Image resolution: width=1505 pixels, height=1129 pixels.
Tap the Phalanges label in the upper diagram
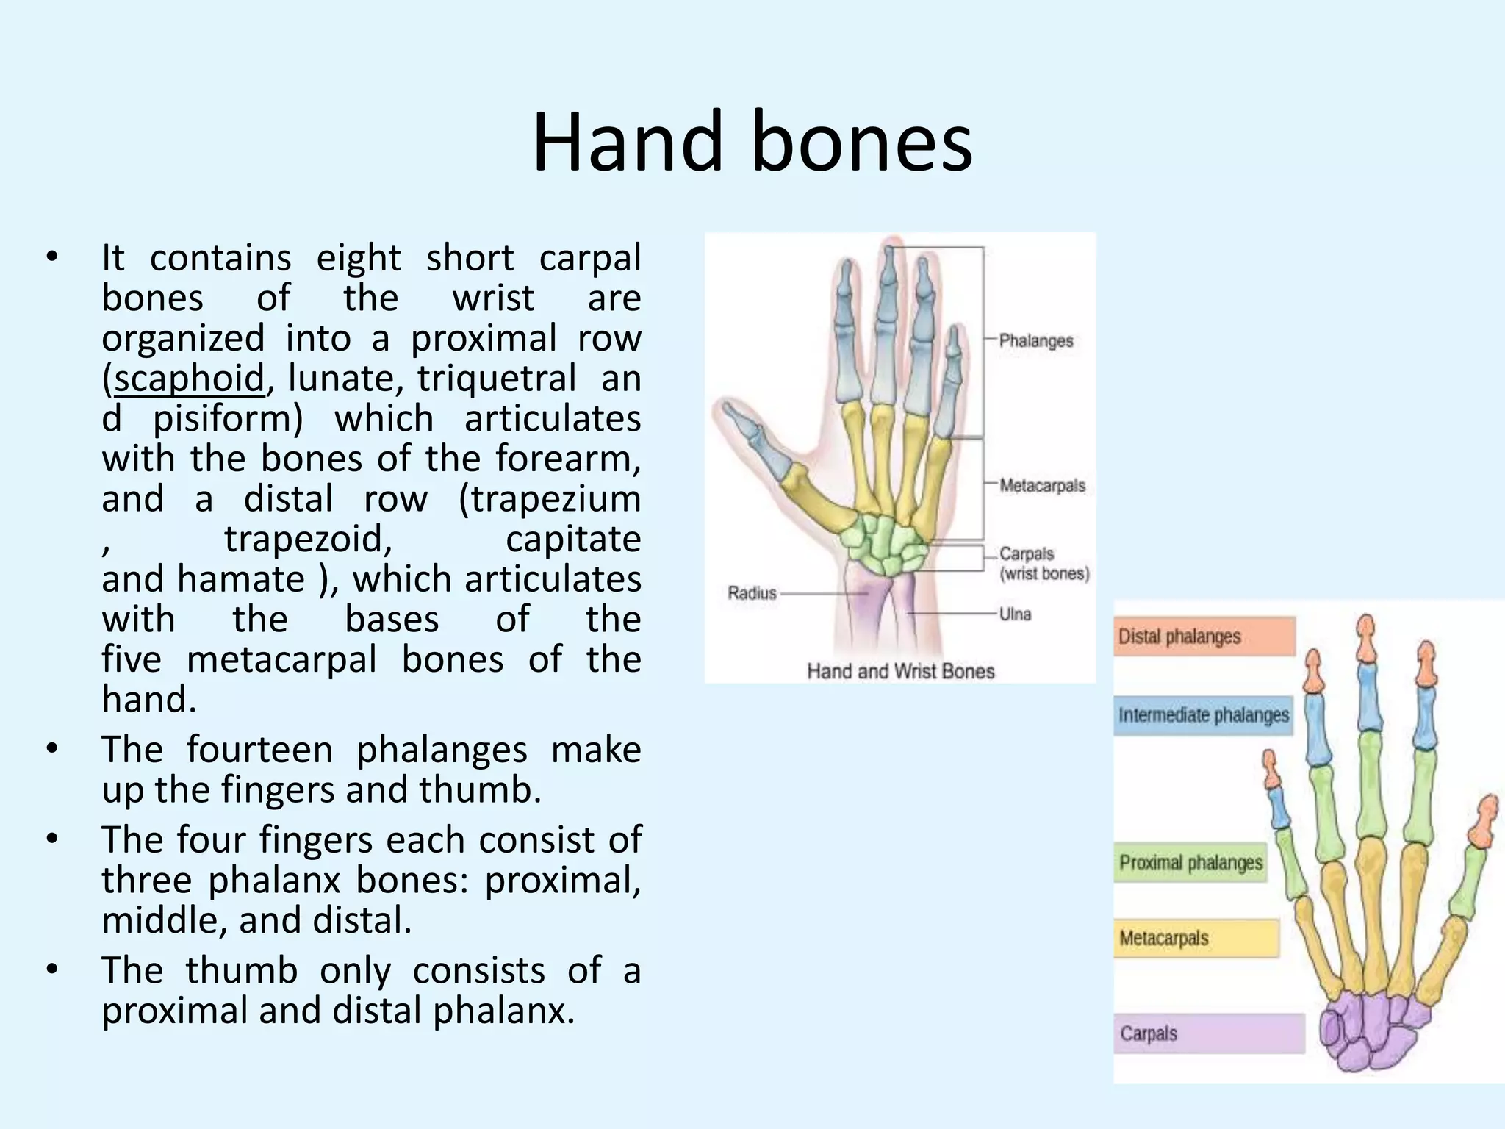point(1035,341)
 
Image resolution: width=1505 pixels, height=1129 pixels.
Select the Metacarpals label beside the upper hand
point(1041,486)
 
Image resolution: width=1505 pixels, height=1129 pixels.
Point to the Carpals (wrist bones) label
point(1044,564)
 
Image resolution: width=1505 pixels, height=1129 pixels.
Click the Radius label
point(752,592)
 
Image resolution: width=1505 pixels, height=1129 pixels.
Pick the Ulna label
point(1015,614)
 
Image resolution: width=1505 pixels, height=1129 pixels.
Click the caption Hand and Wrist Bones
point(900,671)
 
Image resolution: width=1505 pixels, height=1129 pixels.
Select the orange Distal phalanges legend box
point(1204,637)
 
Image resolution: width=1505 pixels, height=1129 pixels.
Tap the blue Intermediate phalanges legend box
point(1203,715)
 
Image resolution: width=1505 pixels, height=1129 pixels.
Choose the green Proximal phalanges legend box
point(1190,862)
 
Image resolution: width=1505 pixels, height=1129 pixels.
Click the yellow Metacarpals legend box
point(1196,939)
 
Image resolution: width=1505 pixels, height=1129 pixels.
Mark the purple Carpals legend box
point(1208,1033)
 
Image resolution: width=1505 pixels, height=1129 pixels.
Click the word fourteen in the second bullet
point(259,750)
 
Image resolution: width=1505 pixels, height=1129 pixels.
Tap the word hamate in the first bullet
point(240,579)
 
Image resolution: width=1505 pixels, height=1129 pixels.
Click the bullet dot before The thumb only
point(51,970)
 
